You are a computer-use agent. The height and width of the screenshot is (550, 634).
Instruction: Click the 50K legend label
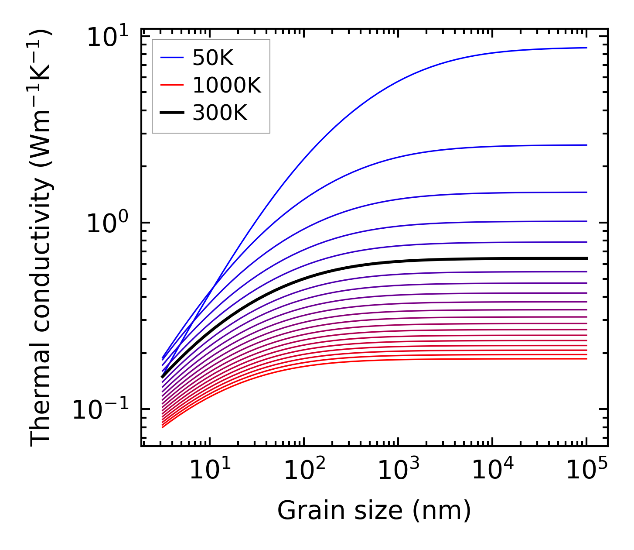[x=213, y=58]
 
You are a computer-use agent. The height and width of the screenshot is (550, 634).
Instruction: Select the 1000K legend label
[x=226, y=86]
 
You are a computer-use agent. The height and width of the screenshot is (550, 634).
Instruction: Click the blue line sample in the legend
[x=172, y=58]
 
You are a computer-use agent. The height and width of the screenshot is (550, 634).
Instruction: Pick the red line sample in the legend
[x=172, y=86]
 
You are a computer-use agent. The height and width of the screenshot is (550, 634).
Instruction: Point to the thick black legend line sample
[x=172, y=113]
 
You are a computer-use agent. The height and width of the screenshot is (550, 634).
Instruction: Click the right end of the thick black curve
[x=586, y=258]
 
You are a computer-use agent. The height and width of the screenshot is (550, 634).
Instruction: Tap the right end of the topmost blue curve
[x=586, y=48]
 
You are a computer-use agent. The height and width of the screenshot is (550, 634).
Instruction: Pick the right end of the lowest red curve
[x=586, y=359]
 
